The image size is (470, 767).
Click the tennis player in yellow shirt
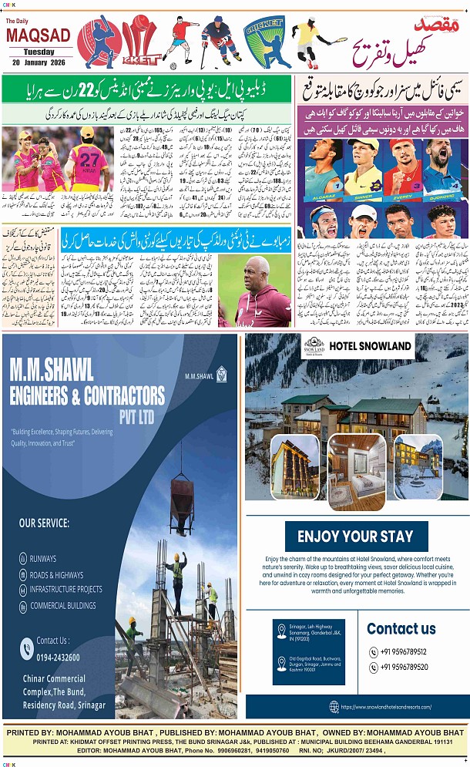[x=309, y=43]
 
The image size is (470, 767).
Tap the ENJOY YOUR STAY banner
[x=356, y=536]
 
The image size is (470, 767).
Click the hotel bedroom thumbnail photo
[x=356, y=472]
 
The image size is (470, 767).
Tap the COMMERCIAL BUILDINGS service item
[x=62, y=605]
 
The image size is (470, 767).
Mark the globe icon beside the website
[x=334, y=706]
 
